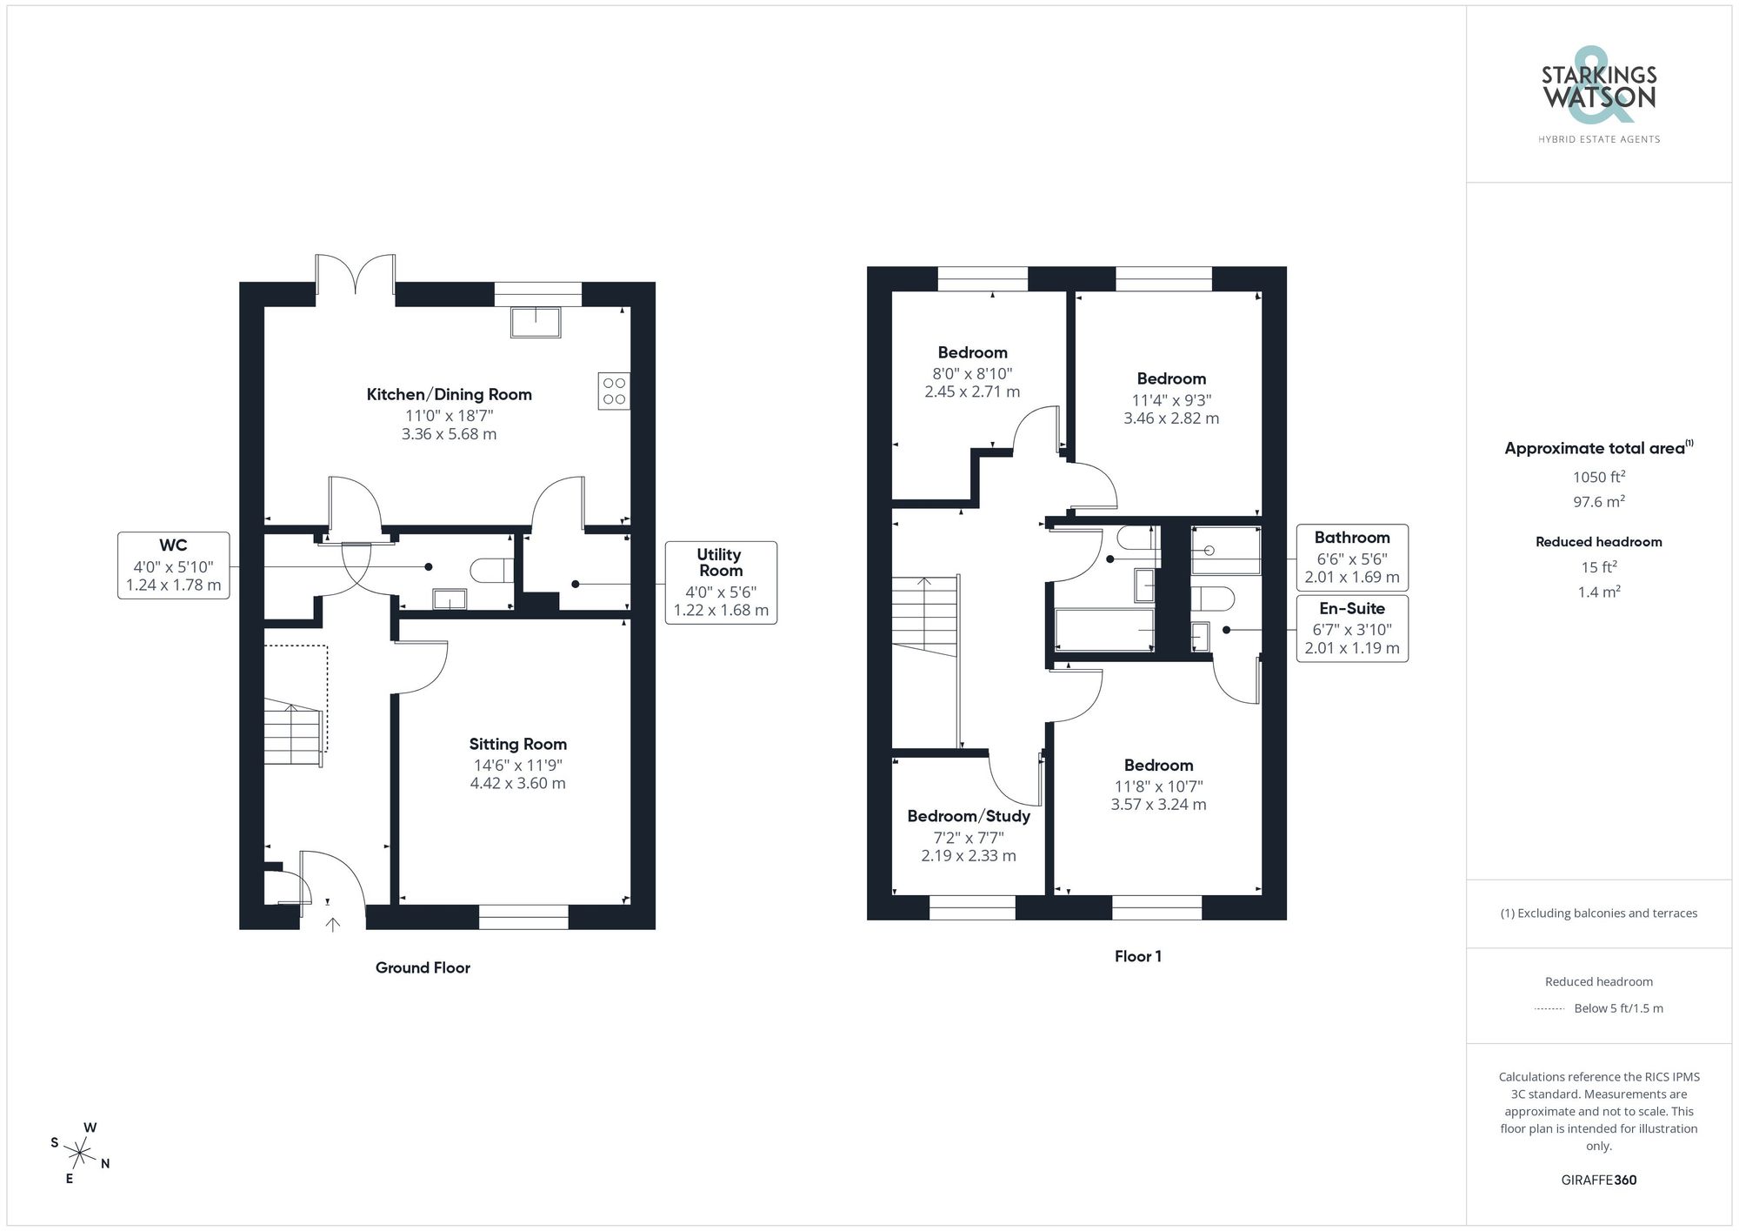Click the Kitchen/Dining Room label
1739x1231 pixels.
[449, 394]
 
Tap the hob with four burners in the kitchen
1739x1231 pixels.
[614, 391]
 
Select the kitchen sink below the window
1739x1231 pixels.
[536, 322]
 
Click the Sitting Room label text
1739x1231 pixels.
[517, 744]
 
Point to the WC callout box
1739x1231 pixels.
[174, 565]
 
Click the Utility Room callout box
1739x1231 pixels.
[721, 582]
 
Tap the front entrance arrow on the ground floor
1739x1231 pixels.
[332, 924]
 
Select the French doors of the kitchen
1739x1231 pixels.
[355, 277]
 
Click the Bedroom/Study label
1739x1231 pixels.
[969, 816]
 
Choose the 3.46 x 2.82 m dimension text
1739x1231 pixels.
[1171, 418]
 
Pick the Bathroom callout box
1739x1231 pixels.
[1352, 558]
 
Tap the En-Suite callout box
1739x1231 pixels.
[1352, 628]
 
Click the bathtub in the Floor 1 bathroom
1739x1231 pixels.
[1103, 630]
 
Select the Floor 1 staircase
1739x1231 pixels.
[924, 618]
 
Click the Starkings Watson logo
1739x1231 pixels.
[1598, 96]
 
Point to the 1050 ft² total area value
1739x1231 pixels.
[1598, 477]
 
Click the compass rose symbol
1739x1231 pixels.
[80, 1154]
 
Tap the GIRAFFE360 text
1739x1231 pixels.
[1598, 1180]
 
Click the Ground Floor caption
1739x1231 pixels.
[423, 967]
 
